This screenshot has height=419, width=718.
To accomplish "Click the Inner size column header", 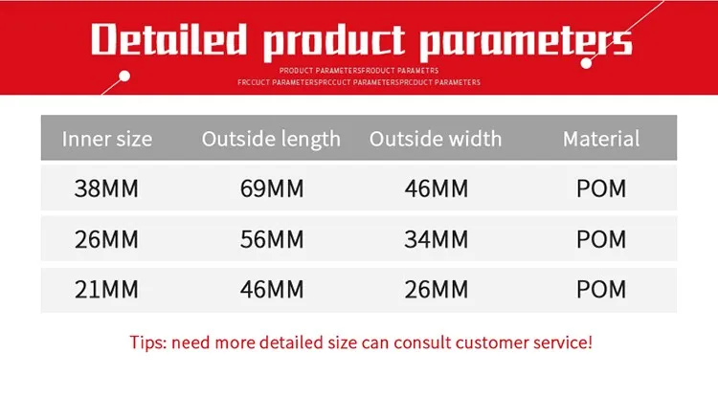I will tap(106, 139).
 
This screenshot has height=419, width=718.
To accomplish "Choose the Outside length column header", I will tap(271, 139).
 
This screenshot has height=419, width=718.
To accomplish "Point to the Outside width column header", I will tap(436, 139).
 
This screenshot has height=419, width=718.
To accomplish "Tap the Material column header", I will tap(601, 139).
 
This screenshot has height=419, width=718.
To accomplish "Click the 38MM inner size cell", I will tap(106, 188).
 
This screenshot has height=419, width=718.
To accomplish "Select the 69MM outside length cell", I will tap(271, 188).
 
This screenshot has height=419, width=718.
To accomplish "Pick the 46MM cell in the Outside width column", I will tap(436, 188).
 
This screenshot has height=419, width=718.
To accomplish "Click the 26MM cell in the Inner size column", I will tap(106, 239).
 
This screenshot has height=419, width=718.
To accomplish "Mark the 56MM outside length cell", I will tap(271, 239).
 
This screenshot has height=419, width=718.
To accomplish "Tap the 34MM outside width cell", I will tap(436, 239).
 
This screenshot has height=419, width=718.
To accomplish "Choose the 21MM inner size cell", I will tap(106, 289).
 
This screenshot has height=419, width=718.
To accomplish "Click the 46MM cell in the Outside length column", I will tap(271, 289).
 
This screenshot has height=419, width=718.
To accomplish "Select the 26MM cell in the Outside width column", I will tap(436, 289).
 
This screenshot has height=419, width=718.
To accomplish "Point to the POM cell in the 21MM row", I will tap(601, 289).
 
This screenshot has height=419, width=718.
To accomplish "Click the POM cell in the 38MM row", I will tap(601, 188).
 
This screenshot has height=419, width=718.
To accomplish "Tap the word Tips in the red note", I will tap(147, 342).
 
